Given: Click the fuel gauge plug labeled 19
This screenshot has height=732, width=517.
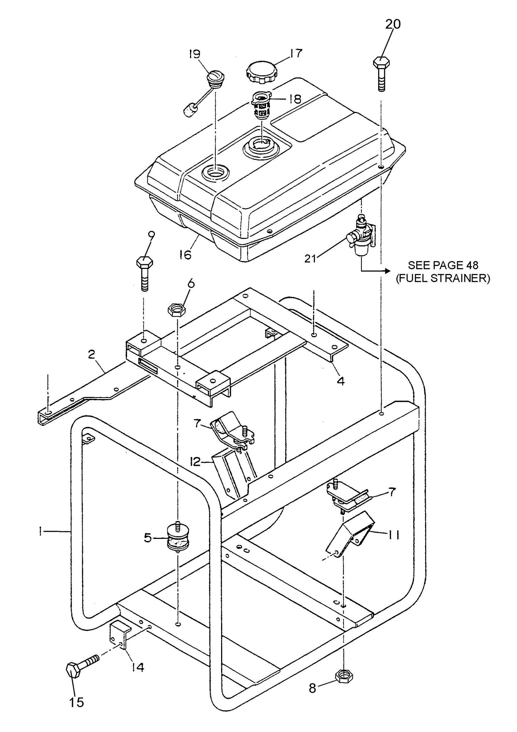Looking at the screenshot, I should (x=216, y=79).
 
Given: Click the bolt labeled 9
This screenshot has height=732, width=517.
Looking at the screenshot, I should (x=145, y=272).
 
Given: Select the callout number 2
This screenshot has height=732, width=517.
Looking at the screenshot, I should (x=92, y=354).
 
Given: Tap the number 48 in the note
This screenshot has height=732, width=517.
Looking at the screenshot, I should (x=471, y=265).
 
